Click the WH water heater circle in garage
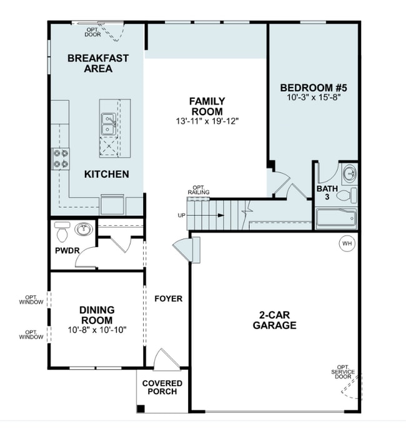point(347,243)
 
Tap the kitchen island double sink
point(109,124)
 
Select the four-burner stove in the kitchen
point(61,158)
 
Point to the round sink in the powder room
point(84,229)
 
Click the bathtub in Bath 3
point(337,218)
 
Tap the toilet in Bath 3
point(347,195)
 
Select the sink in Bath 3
point(350,173)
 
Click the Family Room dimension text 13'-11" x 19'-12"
point(207,121)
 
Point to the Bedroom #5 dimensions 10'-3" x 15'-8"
point(314,97)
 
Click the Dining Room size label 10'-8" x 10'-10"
point(97,330)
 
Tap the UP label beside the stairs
point(182,215)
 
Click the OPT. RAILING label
point(199,190)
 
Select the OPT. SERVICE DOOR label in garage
point(343,372)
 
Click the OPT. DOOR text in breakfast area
point(92,32)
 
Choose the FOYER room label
point(169,298)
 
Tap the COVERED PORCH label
point(162,387)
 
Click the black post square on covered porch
point(141,409)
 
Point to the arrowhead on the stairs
point(221,215)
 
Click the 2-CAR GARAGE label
point(274,320)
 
